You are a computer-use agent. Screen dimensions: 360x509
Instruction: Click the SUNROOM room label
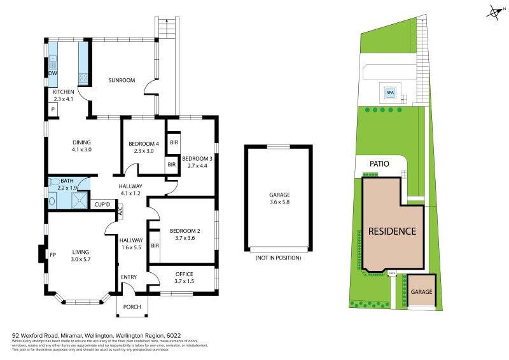tap(122, 81)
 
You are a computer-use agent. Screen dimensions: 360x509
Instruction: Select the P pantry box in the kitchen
tap(53, 110)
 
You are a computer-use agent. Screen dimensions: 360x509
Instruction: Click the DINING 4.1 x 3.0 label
tap(81, 146)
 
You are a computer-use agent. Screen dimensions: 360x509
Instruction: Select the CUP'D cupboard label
tap(102, 204)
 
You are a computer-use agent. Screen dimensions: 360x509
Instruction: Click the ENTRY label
tap(129, 277)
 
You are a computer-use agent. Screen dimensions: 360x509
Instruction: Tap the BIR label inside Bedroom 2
tap(155, 246)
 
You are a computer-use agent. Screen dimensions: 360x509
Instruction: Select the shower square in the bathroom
tap(80, 201)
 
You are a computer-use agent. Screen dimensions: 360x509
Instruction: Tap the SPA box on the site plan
tap(389, 92)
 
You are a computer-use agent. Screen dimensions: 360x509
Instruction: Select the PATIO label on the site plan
tap(379, 163)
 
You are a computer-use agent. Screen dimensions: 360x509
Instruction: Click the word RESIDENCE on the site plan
tap(393, 232)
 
